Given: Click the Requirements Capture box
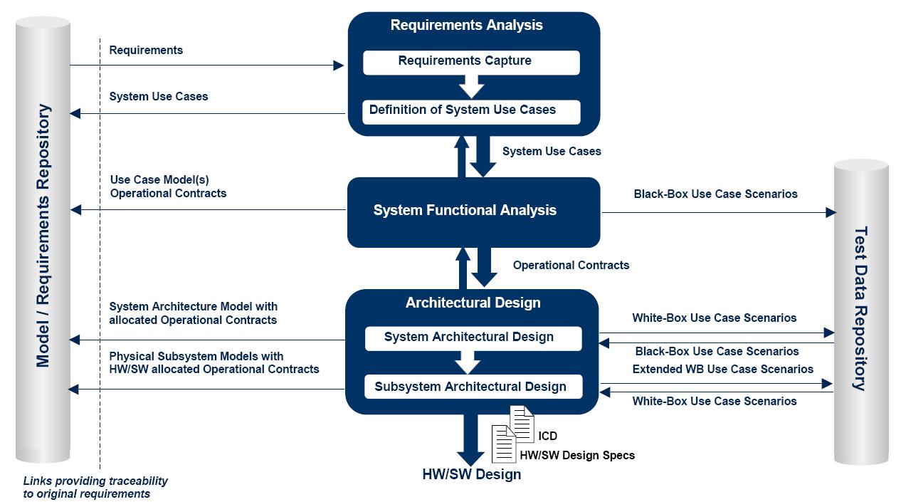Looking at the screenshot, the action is (x=471, y=63).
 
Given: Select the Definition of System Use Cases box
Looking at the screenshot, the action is (x=471, y=112).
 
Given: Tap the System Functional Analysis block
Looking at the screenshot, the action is (x=473, y=212).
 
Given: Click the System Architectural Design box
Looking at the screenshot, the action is (x=473, y=338).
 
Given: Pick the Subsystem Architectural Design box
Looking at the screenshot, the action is (x=473, y=387).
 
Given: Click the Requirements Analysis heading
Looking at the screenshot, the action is (x=467, y=25).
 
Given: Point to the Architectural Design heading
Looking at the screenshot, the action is (x=473, y=303).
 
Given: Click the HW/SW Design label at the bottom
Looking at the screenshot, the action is (x=471, y=474).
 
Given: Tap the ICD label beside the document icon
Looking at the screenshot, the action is (x=547, y=436).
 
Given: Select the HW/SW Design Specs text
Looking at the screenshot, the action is (x=577, y=455).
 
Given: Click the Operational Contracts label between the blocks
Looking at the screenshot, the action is (x=571, y=266).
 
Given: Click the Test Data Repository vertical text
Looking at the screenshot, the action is (x=860, y=309).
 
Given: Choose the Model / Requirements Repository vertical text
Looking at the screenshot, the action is (x=43, y=236).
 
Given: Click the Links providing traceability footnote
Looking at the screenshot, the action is (x=95, y=487).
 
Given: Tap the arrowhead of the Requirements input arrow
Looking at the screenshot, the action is (x=339, y=66).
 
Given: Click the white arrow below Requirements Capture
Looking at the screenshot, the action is (x=471, y=87).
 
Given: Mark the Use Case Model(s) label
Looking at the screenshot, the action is (x=159, y=179).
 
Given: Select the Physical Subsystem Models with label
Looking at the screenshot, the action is (x=196, y=356).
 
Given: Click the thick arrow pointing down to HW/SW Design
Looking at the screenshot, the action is (x=470, y=440).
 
